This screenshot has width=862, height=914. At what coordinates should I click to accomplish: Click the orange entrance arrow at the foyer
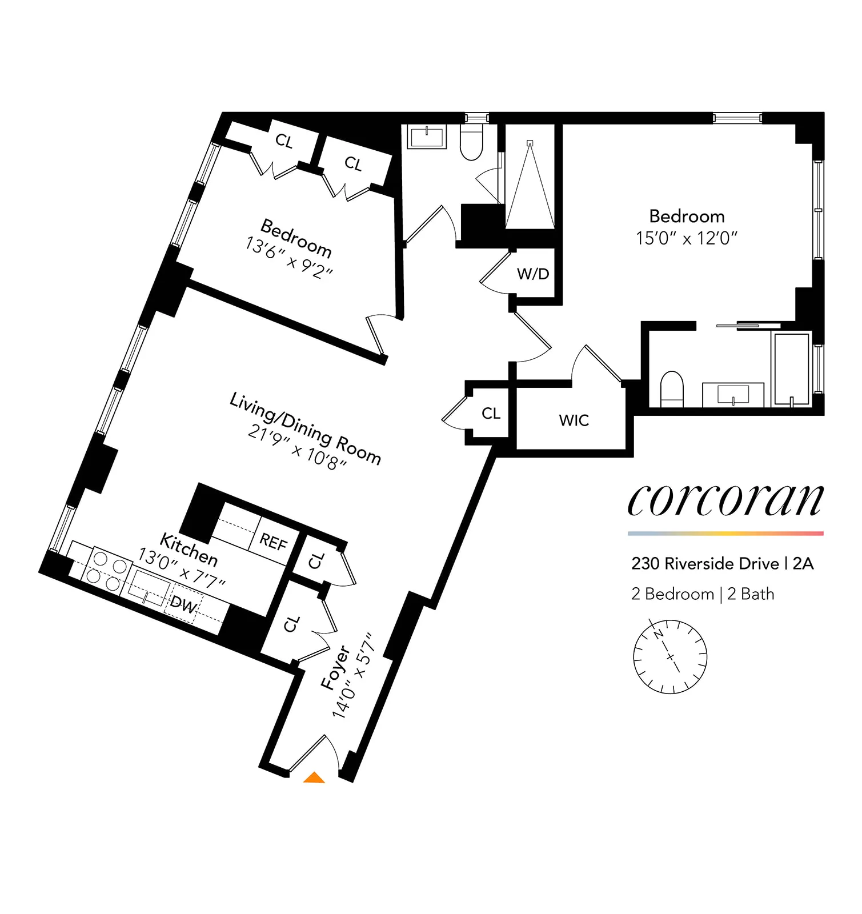click(x=314, y=777)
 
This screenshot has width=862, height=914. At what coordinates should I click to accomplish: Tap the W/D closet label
click(x=533, y=274)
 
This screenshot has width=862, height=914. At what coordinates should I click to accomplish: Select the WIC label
click(x=574, y=420)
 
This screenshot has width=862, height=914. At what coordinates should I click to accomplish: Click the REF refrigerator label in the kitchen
click(x=273, y=542)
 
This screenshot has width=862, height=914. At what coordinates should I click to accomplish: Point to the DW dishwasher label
click(x=184, y=604)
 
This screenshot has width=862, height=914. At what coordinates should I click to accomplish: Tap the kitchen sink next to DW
click(x=149, y=588)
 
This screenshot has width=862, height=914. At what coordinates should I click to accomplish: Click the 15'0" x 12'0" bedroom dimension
click(x=687, y=238)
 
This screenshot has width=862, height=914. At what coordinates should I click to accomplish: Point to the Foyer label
click(x=335, y=667)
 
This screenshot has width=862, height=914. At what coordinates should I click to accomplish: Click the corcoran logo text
click(x=725, y=500)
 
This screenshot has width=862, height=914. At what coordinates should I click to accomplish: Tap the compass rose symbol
click(x=670, y=656)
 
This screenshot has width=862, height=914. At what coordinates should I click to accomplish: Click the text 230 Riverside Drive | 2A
click(x=722, y=564)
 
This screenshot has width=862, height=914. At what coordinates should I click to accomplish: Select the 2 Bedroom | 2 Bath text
click(x=703, y=594)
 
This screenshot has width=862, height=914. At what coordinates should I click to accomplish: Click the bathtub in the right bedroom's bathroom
click(x=791, y=368)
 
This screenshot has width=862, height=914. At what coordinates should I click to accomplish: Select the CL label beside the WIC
click(x=491, y=413)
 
